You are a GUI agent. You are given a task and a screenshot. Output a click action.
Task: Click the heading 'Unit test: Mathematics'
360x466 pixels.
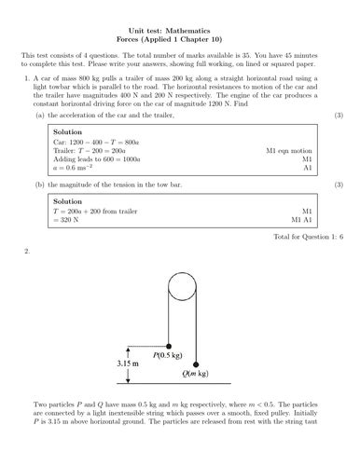[180, 32]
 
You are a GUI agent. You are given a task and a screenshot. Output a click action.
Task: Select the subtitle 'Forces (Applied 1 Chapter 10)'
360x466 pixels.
[180, 42]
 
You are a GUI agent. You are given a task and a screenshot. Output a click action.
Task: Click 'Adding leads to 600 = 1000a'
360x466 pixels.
[102, 158]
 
